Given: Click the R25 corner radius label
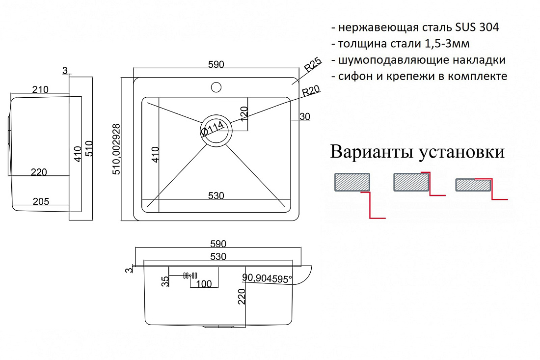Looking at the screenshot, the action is [x=313, y=64].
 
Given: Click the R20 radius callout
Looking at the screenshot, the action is [x=311, y=90].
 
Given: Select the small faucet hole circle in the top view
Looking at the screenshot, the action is [x=216, y=87].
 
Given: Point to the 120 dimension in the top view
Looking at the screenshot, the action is [x=244, y=113].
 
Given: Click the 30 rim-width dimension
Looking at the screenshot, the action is [x=305, y=117].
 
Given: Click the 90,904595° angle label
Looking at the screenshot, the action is [x=267, y=278].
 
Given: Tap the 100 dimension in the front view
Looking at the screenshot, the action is [x=204, y=284].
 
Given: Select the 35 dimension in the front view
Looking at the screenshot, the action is [x=165, y=281].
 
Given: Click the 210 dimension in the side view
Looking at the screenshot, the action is [x=40, y=89].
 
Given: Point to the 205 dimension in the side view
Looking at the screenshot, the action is [x=41, y=201].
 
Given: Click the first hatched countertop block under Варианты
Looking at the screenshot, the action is [x=352, y=182].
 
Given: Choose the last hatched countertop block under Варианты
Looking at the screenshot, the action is [x=473, y=185].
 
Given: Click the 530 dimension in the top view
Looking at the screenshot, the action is [x=216, y=195].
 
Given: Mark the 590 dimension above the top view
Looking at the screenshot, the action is [x=216, y=64].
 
